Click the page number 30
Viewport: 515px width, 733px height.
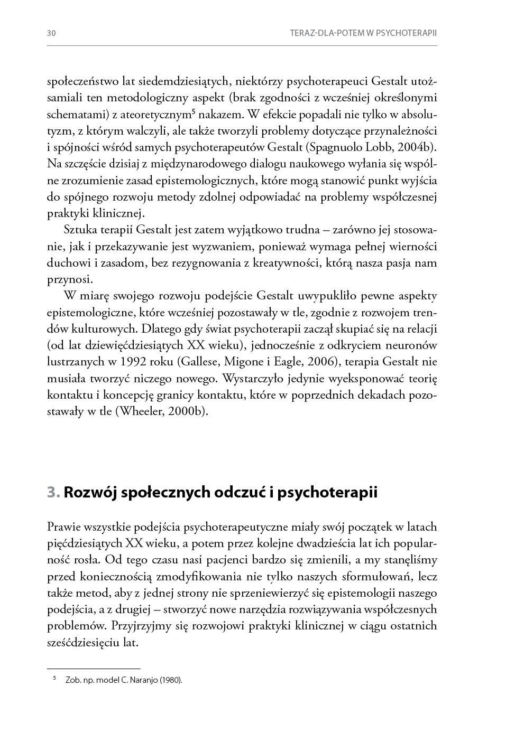pos(51,33)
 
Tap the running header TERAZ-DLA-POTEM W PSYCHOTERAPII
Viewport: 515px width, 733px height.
pos(363,33)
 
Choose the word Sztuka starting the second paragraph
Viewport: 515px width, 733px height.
pos(79,230)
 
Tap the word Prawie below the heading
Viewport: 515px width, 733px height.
pos(63,527)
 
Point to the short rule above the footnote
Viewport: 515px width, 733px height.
pos(94,669)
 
